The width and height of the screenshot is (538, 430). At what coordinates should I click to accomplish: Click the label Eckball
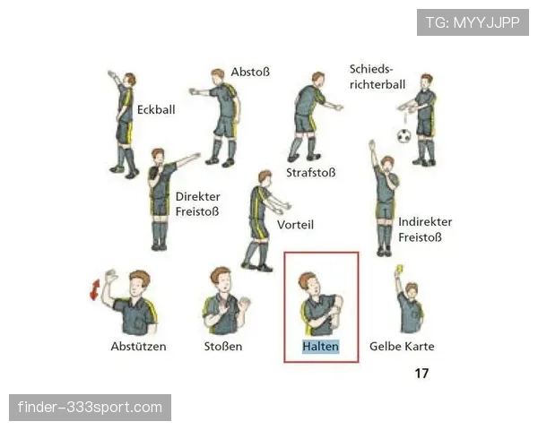pyautogui.click(x=156, y=109)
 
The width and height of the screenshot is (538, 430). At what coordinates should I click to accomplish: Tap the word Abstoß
pyautogui.click(x=250, y=72)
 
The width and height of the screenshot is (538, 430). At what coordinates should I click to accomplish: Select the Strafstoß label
pyautogui.click(x=311, y=173)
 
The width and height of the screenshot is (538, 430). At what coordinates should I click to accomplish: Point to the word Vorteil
pyautogui.click(x=295, y=225)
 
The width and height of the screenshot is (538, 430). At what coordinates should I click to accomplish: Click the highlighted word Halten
pyautogui.click(x=320, y=347)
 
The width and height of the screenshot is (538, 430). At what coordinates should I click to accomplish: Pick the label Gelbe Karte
pyautogui.click(x=402, y=347)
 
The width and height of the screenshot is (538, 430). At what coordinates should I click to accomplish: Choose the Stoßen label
pyautogui.click(x=223, y=347)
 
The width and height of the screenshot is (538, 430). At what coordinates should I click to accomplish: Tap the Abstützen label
pyautogui.click(x=138, y=347)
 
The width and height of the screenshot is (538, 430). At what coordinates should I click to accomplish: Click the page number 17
pyautogui.click(x=421, y=373)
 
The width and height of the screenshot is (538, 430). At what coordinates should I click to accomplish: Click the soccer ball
pyautogui.click(x=403, y=136)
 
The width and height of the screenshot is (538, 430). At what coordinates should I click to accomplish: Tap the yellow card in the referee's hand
pyautogui.click(x=399, y=269)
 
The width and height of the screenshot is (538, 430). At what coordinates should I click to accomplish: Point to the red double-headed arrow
pyautogui.click(x=95, y=289)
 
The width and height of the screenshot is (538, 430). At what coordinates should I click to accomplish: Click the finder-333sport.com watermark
pyautogui.click(x=90, y=408)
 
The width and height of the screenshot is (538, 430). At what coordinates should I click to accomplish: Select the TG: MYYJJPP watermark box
pyautogui.click(x=473, y=22)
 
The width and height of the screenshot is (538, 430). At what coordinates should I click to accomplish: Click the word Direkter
pyautogui.click(x=197, y=196)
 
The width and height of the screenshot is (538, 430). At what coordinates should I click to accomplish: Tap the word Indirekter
pyautogui.click(x=425, y=222)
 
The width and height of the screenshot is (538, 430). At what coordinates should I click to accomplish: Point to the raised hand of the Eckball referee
pyautogui.click(x=111, y=74)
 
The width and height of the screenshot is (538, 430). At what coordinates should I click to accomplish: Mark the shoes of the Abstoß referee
pyautogui.click(x=221, y=162)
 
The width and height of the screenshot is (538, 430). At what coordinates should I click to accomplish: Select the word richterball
pyautogui.click(x=377, y=84)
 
